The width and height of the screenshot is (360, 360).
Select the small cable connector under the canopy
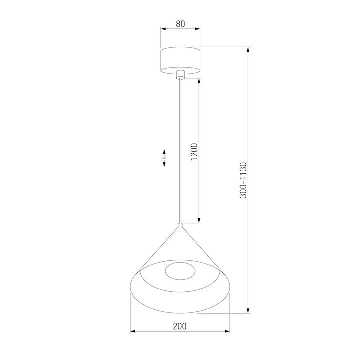click(x=180, y=75)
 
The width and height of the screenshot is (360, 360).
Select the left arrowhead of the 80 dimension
click(x=162, y=29)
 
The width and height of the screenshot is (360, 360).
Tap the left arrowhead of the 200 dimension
click(x=133, y=332)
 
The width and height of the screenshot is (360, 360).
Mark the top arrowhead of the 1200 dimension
click(x=199, y=80)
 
